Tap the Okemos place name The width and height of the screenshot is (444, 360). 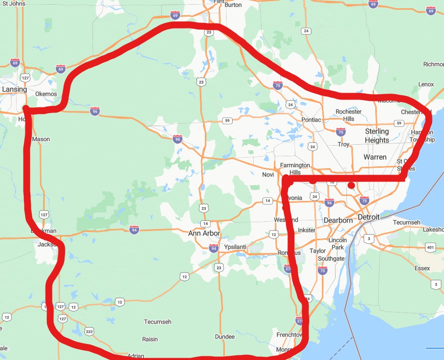click(46, 94)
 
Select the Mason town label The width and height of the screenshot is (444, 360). click(41, 139)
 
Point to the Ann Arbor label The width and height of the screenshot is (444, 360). click(204, 234)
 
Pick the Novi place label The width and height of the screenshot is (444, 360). click(268, 174)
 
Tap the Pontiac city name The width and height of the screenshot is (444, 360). click(311, 120)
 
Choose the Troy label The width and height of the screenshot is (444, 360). click(344, 144)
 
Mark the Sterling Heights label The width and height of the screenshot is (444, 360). click(377, 136)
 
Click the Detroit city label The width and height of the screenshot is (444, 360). click(369, 217)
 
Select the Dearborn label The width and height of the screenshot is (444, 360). click(338, 220)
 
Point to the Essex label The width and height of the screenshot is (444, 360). click(422, 268)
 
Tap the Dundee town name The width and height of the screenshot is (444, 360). click(225, 336)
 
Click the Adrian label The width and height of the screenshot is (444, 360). click(136, 355)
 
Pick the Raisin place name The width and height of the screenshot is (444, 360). click(150, 339)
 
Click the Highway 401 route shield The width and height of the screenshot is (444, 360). click(430, 248)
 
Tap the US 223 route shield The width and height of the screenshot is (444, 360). click(89, 331)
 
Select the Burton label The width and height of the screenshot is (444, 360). click(234, 5)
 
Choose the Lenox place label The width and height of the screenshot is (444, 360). click(426, 84)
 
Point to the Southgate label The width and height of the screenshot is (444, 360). click(331, 259)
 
